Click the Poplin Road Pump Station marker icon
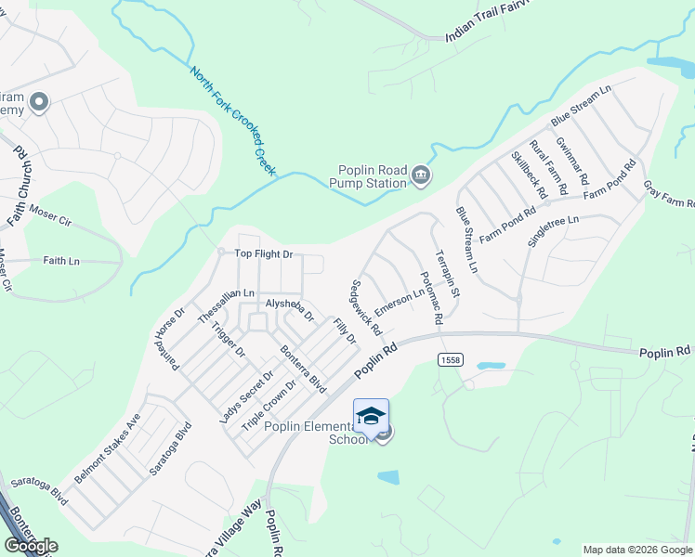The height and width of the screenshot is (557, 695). tap(421, 175)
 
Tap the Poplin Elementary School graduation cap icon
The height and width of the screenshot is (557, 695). tap(371, 415)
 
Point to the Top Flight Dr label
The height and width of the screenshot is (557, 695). tap(263, 253)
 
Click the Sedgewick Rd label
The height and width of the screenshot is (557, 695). tap(366, 307)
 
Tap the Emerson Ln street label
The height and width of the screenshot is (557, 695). tap(400, 301)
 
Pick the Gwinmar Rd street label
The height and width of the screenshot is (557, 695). tap(572, 159)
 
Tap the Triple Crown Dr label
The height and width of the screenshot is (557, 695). tap(269, 404)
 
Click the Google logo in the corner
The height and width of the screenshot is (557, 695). tap(32, 546)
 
